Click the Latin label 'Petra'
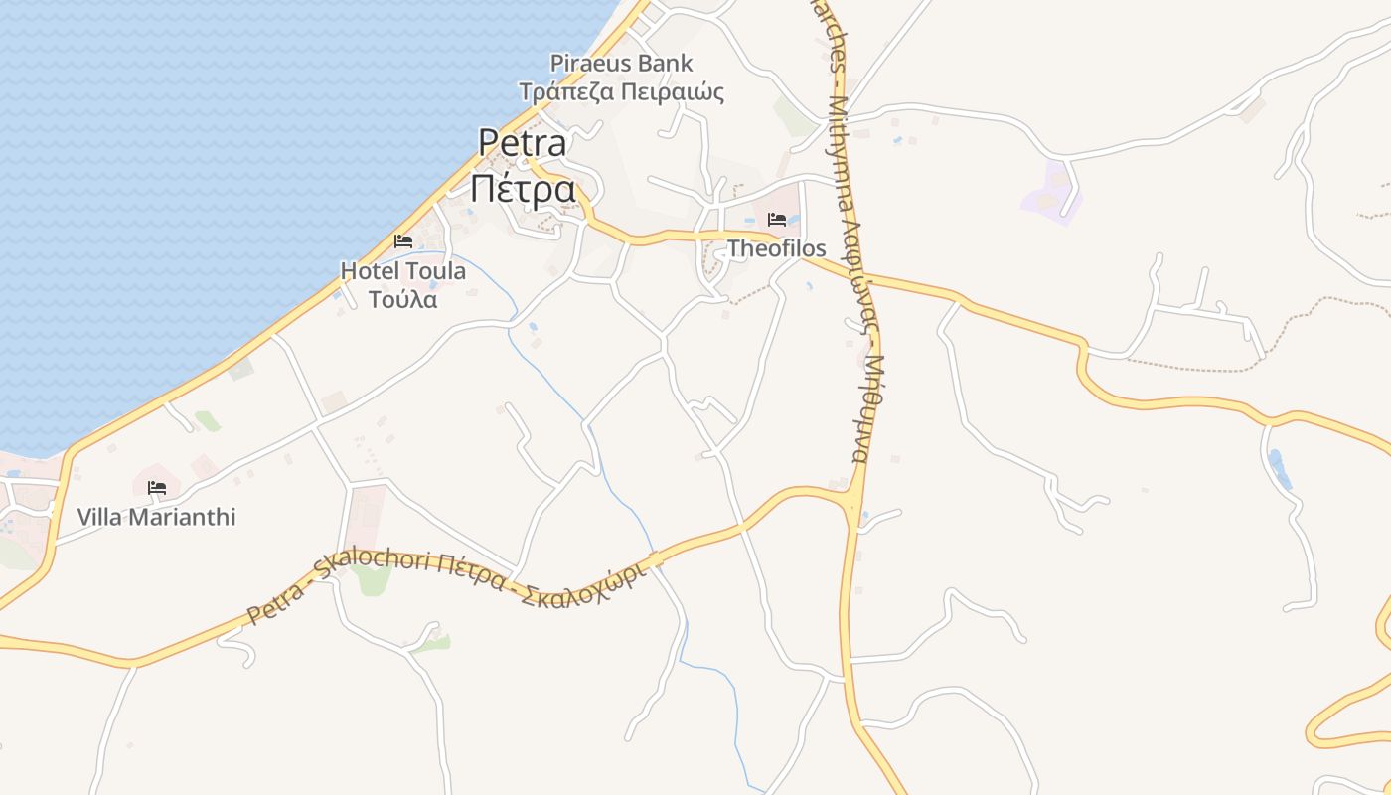coord(523,142)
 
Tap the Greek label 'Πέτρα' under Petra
coord(523,189)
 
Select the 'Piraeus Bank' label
coord(622,64)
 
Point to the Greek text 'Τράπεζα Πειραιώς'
coord(622,92)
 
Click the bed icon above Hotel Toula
coord(403,241)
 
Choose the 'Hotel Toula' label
coord(402,270)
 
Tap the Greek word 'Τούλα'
coord(402,298)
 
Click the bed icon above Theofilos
coord(777,220)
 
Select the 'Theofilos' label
coord(777,247)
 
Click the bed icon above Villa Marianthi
coord(156,488)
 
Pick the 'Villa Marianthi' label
coord(157,517)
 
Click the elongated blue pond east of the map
coord(1280,469)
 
